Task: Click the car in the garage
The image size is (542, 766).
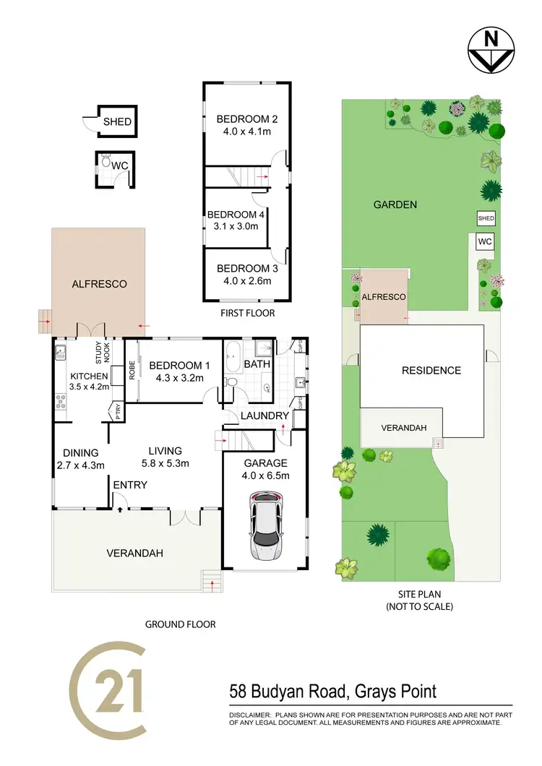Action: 265,526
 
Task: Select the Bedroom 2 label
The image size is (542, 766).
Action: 247,119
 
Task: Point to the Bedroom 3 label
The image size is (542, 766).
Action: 247,268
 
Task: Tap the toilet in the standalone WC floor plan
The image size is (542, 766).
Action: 106,164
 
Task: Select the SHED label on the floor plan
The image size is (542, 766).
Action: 117,121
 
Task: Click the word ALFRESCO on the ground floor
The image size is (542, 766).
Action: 99,284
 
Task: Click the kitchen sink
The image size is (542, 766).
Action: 61,353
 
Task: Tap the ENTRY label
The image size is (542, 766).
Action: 130,484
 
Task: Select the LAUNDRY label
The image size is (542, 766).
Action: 264,416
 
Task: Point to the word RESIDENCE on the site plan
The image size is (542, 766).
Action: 431,371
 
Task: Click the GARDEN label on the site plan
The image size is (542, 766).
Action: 395,205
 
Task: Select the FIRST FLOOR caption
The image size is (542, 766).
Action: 247,314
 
